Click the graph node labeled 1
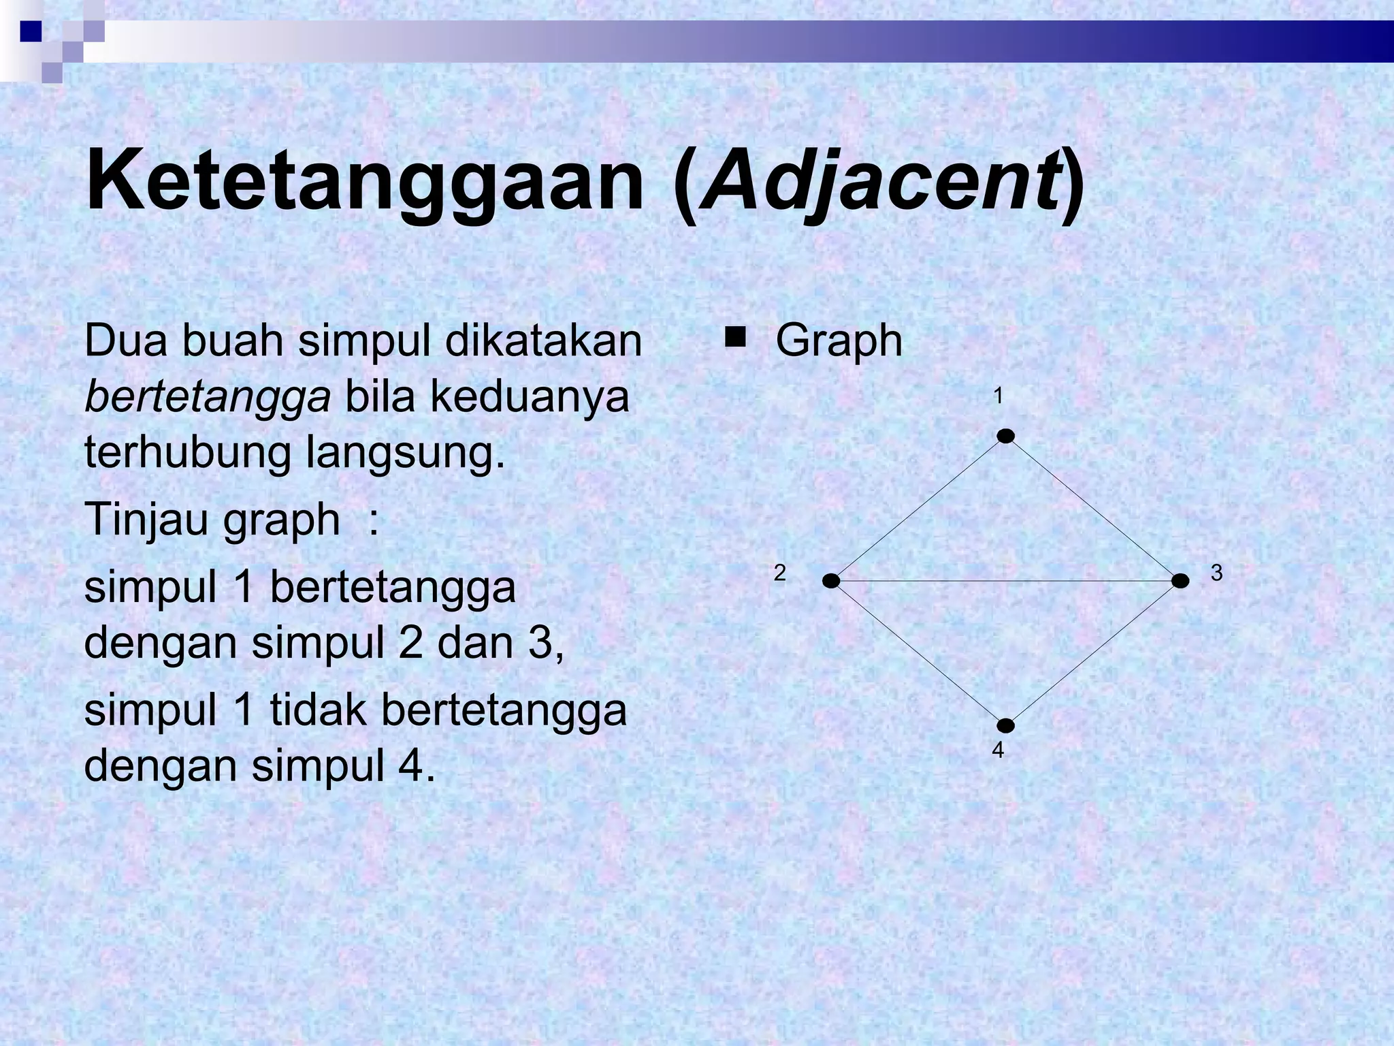coord(1005,436)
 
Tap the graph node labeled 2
coord(831,581)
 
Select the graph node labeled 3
coord(1180,581)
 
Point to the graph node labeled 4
coord(1005,726)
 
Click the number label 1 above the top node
coord(998,396)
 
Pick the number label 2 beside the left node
coord(780,573)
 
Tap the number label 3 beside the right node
coord(1216,573)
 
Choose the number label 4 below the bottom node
coord(998,750)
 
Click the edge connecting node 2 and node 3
coord(1005,581)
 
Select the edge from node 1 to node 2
coord(918,509)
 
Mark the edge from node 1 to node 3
coord(1093,509)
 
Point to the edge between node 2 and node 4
coord(918,654)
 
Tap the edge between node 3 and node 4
coord(1093,654)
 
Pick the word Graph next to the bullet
coord(839,340)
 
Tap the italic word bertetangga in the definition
coord(208,396)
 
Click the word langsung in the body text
coord(406,452)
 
